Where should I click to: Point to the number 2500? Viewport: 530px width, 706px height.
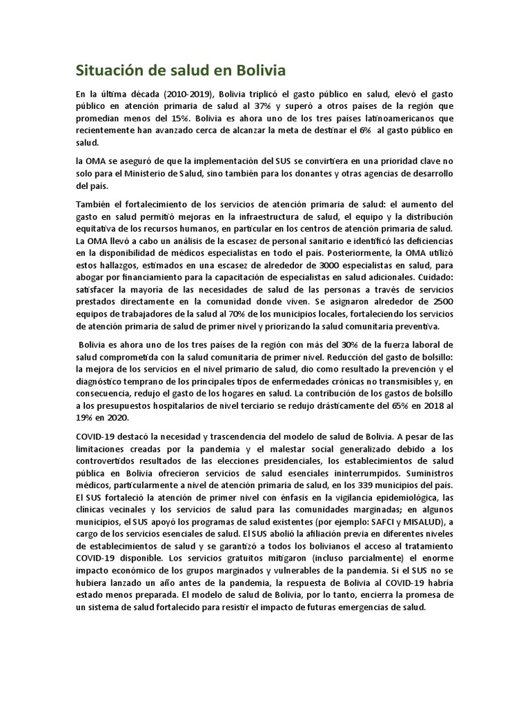pos(440,303)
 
